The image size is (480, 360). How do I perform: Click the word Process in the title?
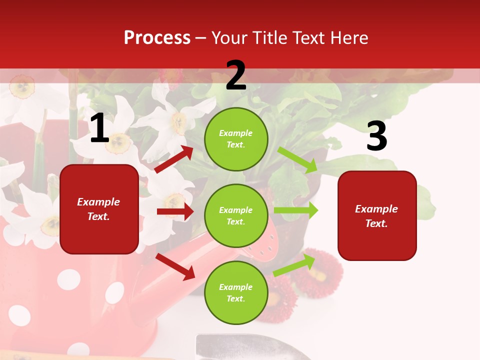(157, 38)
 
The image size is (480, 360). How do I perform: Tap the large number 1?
(99, 129)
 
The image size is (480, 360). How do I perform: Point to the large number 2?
(236, 76)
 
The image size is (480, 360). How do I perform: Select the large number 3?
(376, 136)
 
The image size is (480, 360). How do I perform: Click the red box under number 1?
(99, 209)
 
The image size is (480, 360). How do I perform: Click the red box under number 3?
(377, 215)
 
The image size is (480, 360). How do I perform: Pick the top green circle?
(236, 139)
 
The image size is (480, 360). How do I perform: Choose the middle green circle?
(236, 215)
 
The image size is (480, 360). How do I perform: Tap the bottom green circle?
(236, 292)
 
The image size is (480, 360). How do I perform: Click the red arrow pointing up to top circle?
(174, 159)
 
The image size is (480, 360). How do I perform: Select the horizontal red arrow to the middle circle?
(175, 211)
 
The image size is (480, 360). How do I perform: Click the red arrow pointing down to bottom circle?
(175, 266)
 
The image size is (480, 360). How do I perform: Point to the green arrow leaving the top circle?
(297, 159)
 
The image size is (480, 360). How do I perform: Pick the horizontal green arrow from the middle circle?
(296, 210)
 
